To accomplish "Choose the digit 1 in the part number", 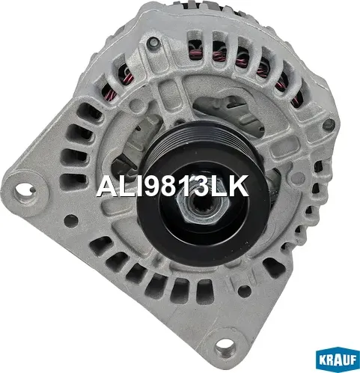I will (x=179, y=186).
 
